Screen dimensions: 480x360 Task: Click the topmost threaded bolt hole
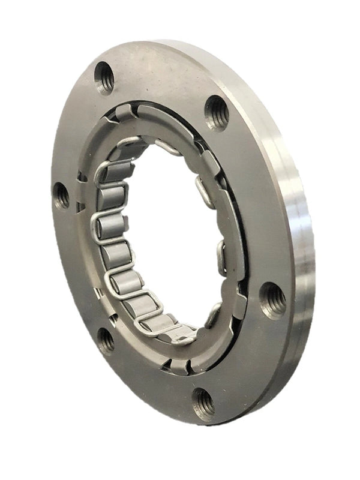tap(104, 77)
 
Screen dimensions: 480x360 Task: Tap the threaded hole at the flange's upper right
tap(217, 112)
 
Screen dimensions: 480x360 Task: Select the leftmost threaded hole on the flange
tap(61, 195)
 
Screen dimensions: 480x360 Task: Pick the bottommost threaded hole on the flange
tap(203, 404)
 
